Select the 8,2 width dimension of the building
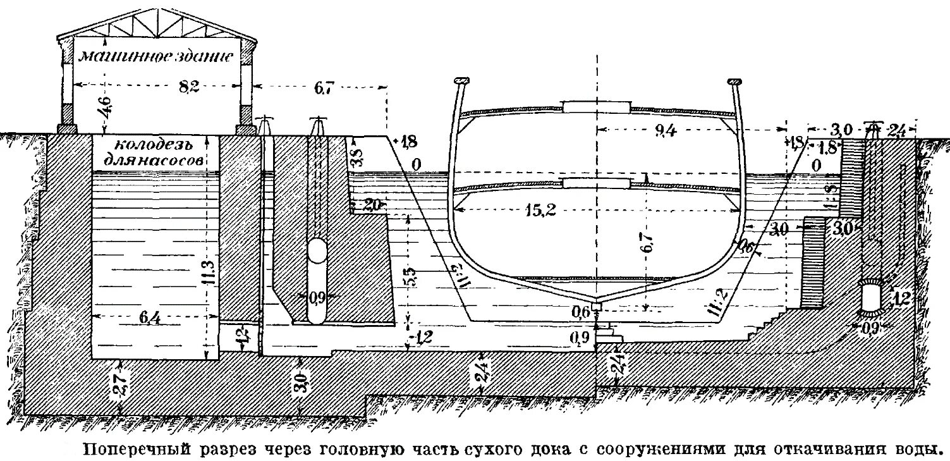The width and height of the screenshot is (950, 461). [x=189, y=87]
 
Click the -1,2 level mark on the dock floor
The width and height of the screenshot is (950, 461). [x=422, y=337]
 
